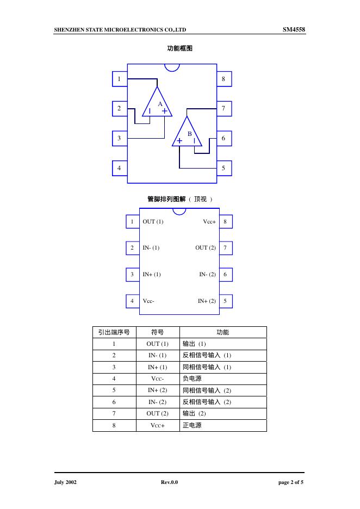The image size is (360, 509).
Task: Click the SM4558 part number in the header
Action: click(x=294, y=29)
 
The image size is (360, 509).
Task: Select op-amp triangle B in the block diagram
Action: click(x=187, y=134)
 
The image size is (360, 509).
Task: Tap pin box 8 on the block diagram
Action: click(x=224, y=79)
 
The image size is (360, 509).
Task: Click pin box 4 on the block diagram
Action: click(x=119, y=168)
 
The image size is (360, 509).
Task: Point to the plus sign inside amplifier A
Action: click(x=164, y=110)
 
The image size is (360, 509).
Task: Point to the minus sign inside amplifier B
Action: click(x=194, y=141)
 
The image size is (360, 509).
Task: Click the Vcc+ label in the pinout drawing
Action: click(x=209, y=222)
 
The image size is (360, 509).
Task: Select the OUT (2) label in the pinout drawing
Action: click(x=206, y=248)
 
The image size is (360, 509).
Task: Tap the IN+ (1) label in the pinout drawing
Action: click(x=152, y=275)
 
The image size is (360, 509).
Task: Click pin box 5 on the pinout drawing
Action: click(x=225, y=301)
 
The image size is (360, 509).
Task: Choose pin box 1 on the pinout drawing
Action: click(x=132, y=222)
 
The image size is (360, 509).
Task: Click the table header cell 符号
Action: click(x=157, y=332)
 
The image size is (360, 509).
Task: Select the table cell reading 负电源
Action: click(x=192, y=378)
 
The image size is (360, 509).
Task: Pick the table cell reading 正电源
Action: click(x=192, y=425)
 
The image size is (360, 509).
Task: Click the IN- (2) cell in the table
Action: click(x=157, y=402)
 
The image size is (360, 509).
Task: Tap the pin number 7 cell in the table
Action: click(x=114, y=413)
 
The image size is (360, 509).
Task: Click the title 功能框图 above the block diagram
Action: click(x=179, y=48)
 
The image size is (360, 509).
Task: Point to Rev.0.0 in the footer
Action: click(x=169, y=483)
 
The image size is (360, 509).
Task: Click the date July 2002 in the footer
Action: click(x=65, y=483)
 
